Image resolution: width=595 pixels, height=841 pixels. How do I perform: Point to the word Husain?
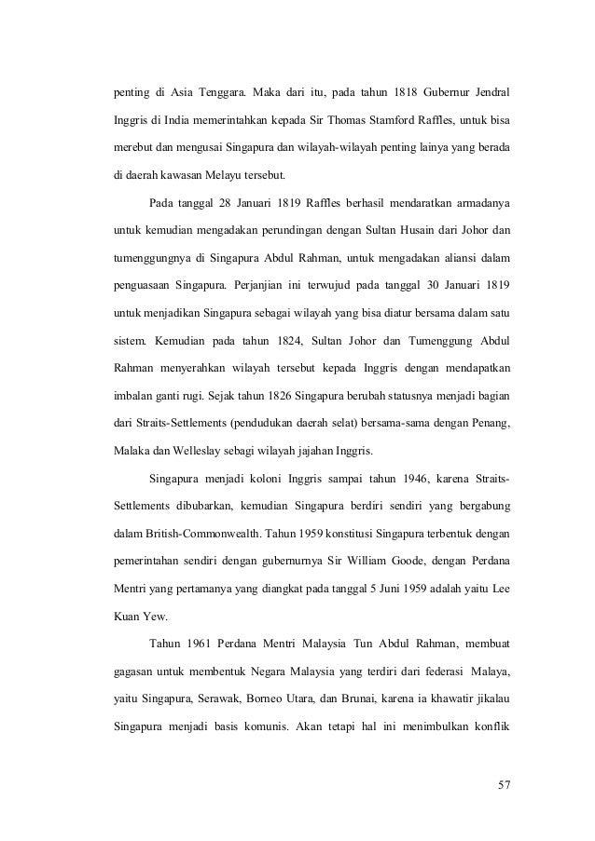coord(421,228)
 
